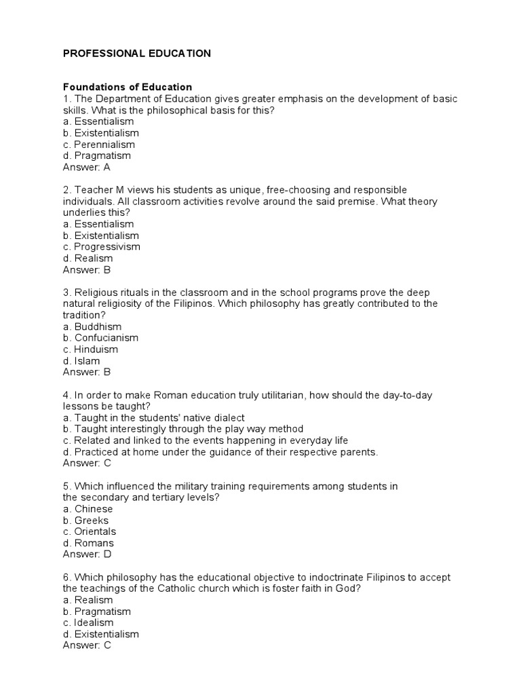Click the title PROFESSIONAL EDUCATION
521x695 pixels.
(136, 54)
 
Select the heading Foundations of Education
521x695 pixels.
(128, 88)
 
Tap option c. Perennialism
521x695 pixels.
(98, 145)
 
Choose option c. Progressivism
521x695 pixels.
(101, 247)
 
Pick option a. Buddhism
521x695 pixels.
(92, 326)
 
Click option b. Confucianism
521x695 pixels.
(100, 338)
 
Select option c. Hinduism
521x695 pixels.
(90, 350)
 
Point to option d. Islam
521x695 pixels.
(81, 361)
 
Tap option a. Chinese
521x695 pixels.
(88, 509)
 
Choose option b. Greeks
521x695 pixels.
(85, 521)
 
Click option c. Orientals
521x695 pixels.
(90, 531)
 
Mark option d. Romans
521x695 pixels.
(88, 543)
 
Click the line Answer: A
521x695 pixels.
(86, 167)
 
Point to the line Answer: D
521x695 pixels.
(87, 554)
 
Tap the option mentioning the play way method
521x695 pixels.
(182, 429)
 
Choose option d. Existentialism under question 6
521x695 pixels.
(100, 634)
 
